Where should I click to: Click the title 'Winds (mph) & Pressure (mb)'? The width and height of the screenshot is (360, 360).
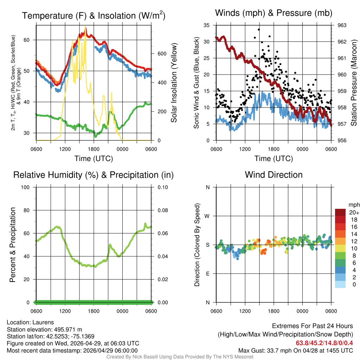274,13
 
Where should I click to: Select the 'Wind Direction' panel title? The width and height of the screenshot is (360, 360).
274,175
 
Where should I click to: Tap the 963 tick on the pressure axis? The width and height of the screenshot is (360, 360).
342,25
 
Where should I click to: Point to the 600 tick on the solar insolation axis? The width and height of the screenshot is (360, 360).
161,54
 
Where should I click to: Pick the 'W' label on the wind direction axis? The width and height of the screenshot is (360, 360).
208,216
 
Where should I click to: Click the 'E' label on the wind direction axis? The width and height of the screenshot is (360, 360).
208,274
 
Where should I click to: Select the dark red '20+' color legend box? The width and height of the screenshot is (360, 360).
340,212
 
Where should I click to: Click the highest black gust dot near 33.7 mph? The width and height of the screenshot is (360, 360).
259,30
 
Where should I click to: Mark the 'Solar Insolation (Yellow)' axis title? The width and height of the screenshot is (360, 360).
174,83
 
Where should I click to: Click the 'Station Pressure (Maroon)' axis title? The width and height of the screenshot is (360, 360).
354,83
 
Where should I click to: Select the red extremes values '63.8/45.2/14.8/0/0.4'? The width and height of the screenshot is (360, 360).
324,343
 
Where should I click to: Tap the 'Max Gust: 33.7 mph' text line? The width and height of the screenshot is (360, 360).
295,350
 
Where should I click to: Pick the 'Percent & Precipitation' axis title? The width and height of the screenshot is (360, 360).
13,245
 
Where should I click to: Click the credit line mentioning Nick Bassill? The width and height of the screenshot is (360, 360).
180,357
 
